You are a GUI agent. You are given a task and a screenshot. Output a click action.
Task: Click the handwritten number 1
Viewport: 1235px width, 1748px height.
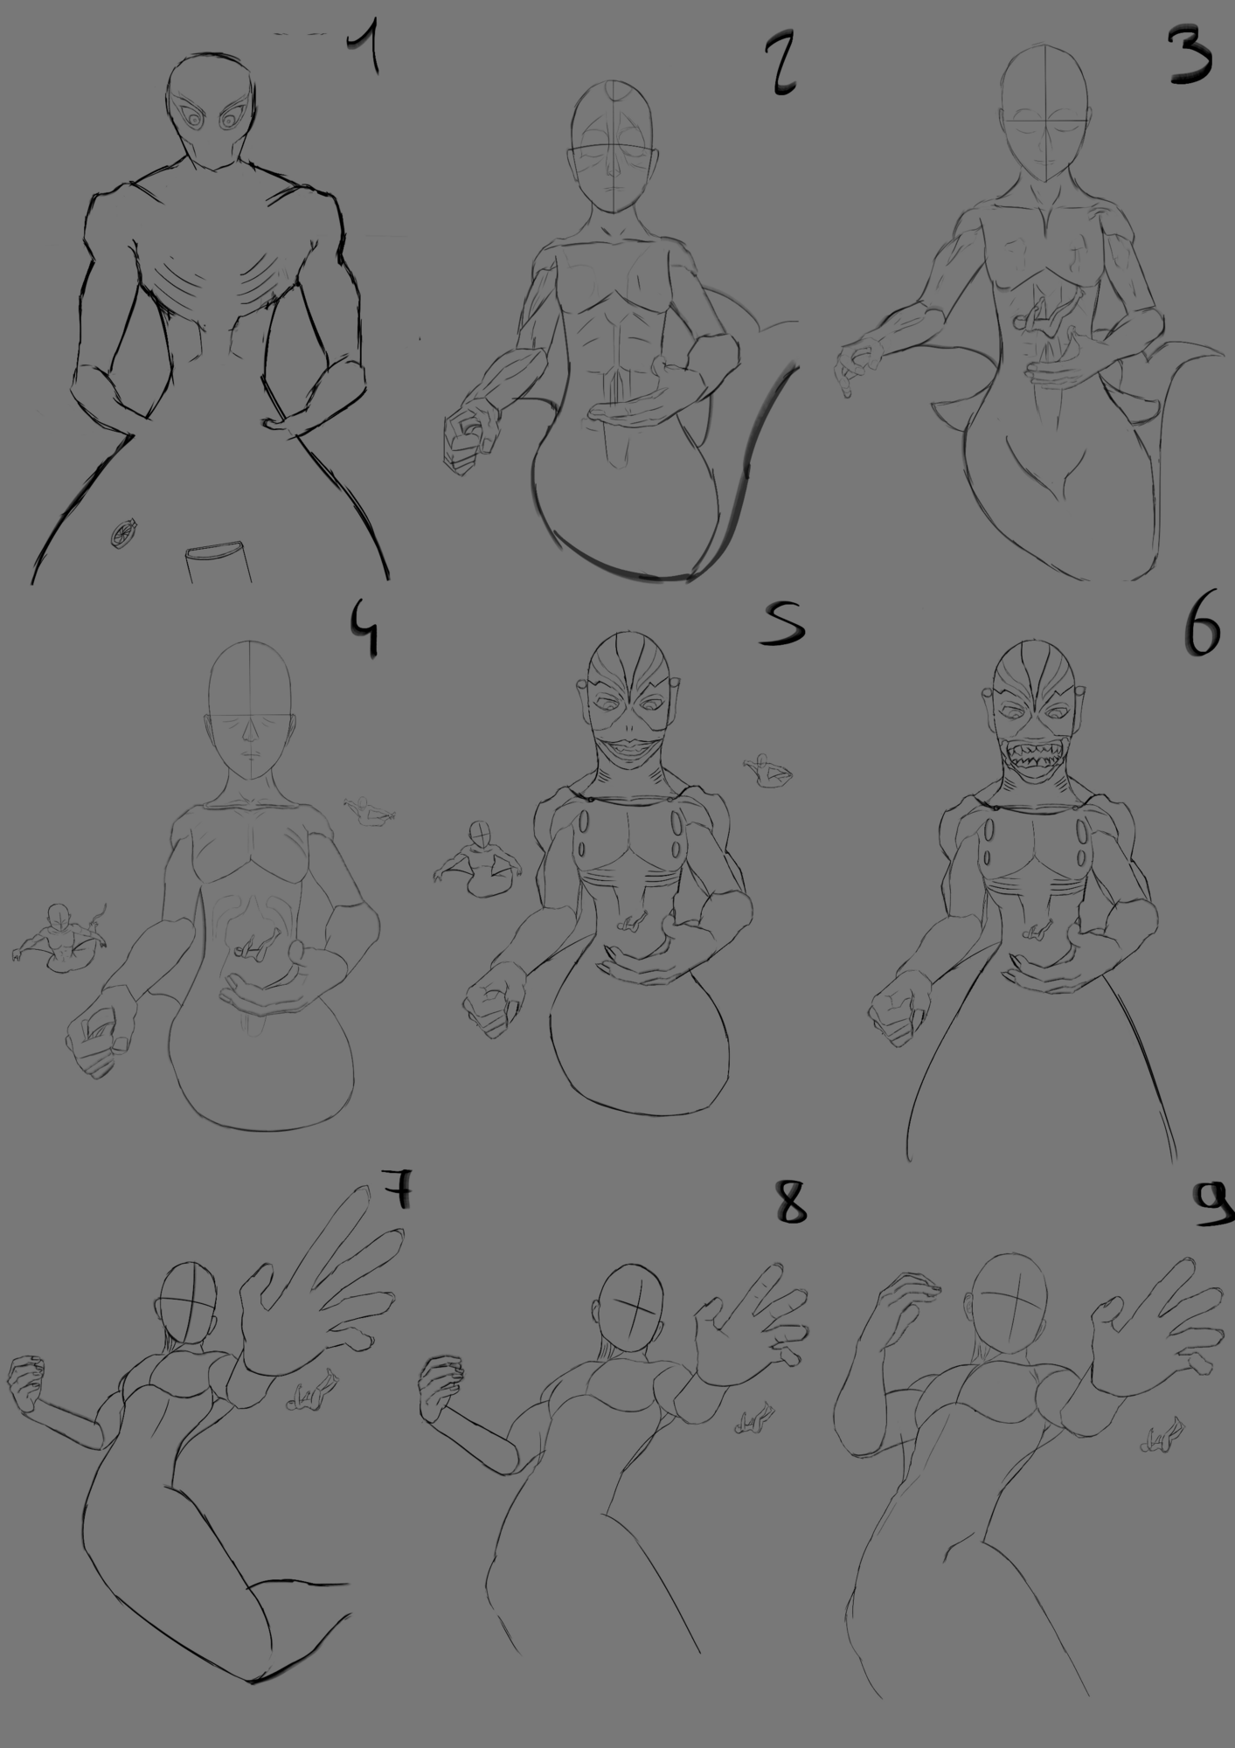[x=364, y=52]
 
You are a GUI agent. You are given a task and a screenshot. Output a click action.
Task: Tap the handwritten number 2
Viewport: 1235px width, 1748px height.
[x=780, y=65]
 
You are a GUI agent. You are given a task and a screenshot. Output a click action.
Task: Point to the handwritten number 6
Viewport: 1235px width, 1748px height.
[x=1202, y=631]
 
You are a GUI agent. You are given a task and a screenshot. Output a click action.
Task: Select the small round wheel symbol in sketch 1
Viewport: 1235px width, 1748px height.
[x=123, y=532]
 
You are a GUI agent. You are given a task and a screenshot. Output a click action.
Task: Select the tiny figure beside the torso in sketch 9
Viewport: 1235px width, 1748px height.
[x=1163, y=1434]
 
